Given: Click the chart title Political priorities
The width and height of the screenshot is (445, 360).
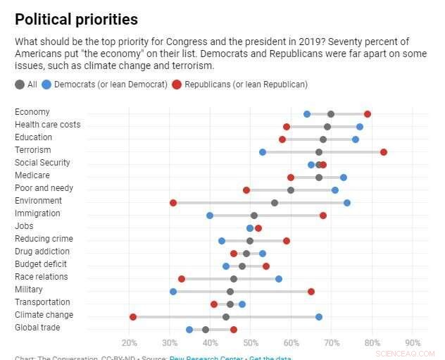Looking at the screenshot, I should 76,19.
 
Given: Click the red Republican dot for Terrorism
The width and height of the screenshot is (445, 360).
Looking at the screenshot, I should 384,152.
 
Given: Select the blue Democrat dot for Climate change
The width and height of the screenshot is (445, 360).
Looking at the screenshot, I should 319,317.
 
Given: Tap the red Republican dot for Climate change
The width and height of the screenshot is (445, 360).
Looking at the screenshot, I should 133,317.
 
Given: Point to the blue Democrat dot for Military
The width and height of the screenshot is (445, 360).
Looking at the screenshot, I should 173,292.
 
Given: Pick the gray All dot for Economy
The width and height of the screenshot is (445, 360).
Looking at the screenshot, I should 331,114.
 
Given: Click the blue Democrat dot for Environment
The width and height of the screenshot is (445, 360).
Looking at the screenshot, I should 347,203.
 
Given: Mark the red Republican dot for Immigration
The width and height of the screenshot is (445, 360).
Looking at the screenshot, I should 323,216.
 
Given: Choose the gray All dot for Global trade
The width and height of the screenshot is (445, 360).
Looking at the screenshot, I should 206,330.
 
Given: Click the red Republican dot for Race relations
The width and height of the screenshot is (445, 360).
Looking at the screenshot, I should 182,279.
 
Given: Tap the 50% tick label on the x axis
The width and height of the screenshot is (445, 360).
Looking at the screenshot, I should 251,343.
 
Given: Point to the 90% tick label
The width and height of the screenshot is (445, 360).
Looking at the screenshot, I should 413,343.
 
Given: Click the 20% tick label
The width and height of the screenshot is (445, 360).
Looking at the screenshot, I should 130,343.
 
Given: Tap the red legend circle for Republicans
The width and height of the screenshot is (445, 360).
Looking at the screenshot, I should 177,85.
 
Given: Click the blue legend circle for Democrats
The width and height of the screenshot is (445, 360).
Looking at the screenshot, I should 47,85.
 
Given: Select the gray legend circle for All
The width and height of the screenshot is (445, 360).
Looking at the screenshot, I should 19,85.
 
